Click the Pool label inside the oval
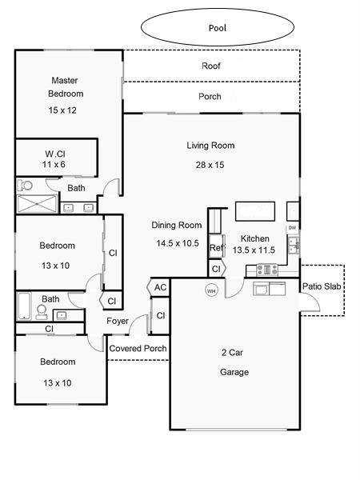point(218,28)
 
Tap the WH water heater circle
point(211,290)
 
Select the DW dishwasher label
point(292,228)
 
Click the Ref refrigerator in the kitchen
point(217,246)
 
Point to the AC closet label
point(161,287)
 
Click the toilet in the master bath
point(25,186)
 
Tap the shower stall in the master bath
point(37,203)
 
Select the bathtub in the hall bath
point(24,306)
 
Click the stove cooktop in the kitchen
point(267,270)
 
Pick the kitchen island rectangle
point(255,211)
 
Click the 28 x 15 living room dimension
point(210,165)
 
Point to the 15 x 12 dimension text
point(62,110)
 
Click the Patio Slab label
point(322,286)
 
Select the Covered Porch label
point(138,348)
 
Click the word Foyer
point(118,321)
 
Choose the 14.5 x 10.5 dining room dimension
point(178,243)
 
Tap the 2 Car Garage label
point(234,362)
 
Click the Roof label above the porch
point(211,66)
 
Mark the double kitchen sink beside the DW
point(294,245)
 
